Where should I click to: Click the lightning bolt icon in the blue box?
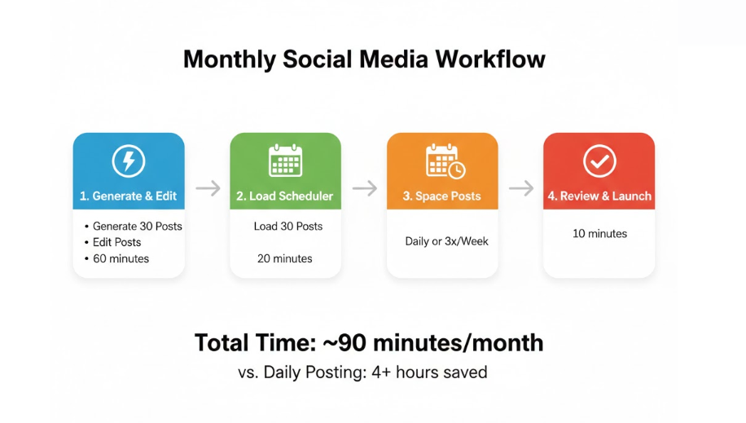129,161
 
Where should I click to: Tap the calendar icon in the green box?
286,161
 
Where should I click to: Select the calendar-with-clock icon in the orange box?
445,161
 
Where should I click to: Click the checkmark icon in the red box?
599,161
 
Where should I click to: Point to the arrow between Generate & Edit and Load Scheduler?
208,188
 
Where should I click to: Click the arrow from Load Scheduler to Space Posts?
365,188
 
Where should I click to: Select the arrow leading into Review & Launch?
521,188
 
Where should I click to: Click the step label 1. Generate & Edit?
128,196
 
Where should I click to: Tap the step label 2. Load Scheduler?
284,196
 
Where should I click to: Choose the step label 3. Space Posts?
441,196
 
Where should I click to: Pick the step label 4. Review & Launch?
599,196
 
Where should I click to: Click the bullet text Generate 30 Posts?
137,227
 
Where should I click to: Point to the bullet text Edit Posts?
116,242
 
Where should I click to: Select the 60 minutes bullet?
121,258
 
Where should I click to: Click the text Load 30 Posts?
287,227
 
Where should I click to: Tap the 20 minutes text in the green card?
284,258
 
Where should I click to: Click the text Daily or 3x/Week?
446,241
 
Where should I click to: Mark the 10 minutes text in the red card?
599,233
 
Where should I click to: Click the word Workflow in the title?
490,59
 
